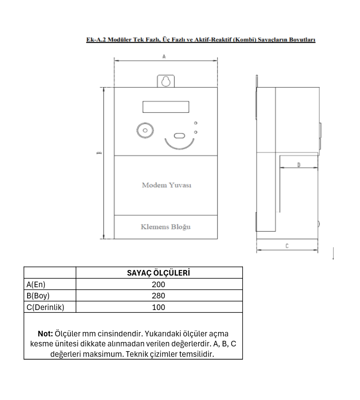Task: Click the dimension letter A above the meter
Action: pos(164,57)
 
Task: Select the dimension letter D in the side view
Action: pos(299,164)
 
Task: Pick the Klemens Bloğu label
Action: pos(165,227)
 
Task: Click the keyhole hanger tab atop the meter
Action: pos(165,81)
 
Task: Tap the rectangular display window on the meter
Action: pos(165,107)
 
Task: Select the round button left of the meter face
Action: pos(145,130)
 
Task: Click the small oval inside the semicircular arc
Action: pos(179,135)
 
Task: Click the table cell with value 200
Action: pos(159,284)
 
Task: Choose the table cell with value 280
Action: pos(159,296)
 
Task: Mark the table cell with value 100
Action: pos(159,307)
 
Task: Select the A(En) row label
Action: pos(36,284)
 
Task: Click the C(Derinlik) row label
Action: pos(44,307)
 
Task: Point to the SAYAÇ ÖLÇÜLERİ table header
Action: pos(158,273)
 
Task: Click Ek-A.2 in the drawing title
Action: pos(95,40)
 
